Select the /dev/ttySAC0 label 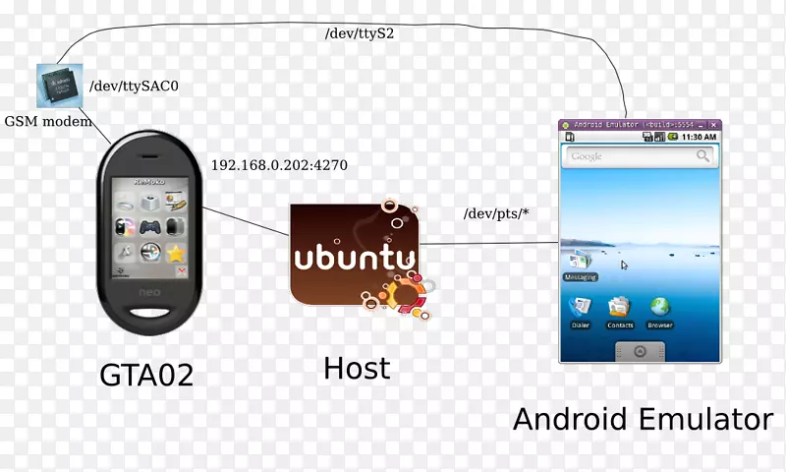(135, 87)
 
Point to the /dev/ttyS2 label (360, 32)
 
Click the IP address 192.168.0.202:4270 (279, 164)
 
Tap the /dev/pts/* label (495, 213)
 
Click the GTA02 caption (146, 376)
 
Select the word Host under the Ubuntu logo (357, 369)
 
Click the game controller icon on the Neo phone (151, 225)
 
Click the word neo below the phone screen (151, 293)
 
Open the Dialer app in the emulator (579, 309)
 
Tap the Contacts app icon (620, 309)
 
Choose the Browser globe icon (660, 309)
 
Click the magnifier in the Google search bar (702, 155)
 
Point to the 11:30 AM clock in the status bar (701, 137)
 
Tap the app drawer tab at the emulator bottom (640, 351)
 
